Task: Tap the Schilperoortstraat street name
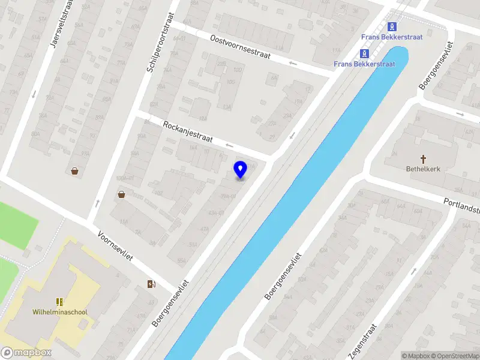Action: (160, 43)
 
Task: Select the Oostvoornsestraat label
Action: (240, 46)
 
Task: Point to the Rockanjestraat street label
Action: (188, 131)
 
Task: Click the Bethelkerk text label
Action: (423, 169)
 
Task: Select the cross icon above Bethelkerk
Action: (423, 159)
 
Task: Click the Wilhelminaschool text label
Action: (59, 312)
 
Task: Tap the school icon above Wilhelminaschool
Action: (59, 302)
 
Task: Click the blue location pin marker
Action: (240, 170)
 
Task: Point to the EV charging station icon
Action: (150, 284)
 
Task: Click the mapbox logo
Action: (26, 353)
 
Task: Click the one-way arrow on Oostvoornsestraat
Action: (293, 62)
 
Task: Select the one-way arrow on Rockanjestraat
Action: (228, 145)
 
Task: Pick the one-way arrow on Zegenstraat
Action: (413, 271)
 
